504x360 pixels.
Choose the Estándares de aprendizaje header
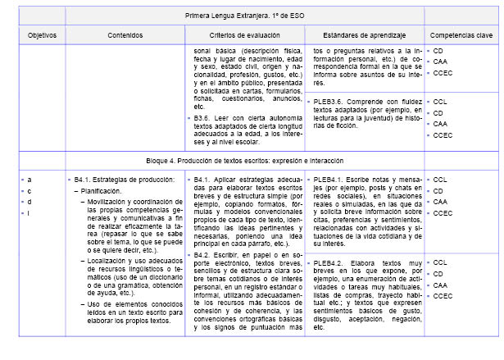[x=363, y=37]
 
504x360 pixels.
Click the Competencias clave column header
[x=461, y=37]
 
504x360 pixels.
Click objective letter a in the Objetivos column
[x=30, y=179]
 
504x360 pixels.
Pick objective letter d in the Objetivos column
[x=30, y=202]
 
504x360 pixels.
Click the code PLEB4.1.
[x=329, y=179]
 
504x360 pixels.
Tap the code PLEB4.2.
[x=329, y=262]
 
